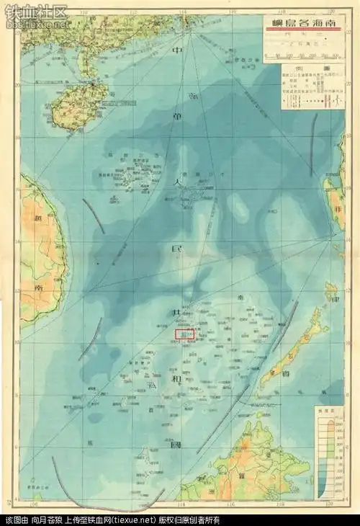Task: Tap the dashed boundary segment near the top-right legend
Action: (312, 144)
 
